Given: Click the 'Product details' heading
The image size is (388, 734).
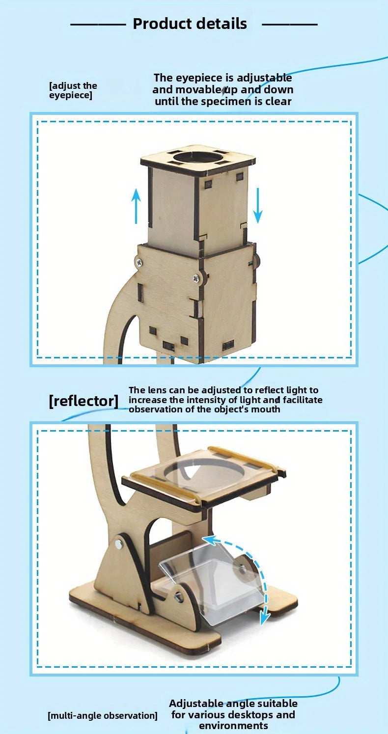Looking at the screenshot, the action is (x=190, y=24).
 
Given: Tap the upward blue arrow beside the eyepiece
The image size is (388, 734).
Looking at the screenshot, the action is (x=136, y=206).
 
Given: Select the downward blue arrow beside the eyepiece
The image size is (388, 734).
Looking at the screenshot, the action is (x=257, y=205).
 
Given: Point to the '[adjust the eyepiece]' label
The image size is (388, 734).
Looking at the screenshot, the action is (x=73, y=90).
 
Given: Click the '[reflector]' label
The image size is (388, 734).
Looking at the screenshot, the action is (x=83, y=401).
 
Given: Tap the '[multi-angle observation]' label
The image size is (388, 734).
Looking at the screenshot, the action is (x=103, y=715).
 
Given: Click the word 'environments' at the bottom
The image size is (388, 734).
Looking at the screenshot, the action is (x=233, y=726).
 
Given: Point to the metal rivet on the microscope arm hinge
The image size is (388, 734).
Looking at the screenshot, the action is (x=119, y=544).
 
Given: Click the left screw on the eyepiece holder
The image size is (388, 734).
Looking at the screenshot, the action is (x=139, y=262).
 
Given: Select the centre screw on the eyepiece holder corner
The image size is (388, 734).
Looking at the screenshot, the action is (x=196, y=278).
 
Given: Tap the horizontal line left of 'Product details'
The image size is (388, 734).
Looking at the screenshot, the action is (x=98, y=24).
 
